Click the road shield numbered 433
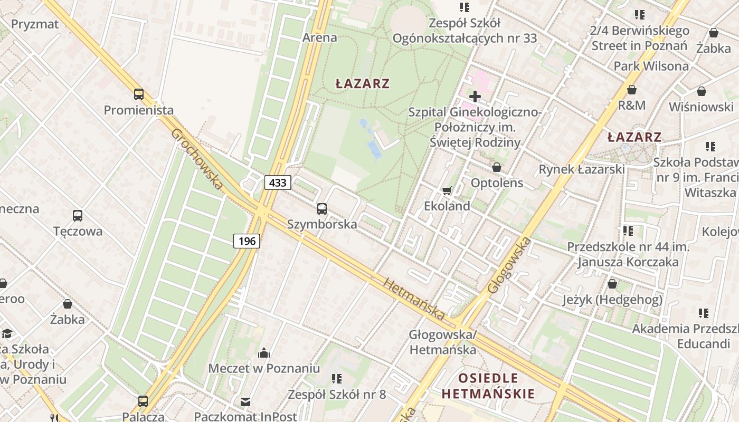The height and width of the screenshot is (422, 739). click(277, 183)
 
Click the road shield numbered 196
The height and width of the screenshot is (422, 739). click(247, 241)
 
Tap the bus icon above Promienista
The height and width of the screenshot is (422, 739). click(138, 94)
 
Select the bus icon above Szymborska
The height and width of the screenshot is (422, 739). click(322, 208)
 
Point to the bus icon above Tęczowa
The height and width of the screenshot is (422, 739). click(78, 215)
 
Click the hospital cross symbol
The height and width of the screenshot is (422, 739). click(475, 96)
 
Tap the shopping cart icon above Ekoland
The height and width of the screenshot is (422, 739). click(447, 190)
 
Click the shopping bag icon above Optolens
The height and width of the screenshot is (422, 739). click(497, 167)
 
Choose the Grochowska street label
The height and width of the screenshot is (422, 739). click(197, 159)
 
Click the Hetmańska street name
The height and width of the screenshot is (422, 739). click(414, 299)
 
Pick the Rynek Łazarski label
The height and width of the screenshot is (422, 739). click(581, 169)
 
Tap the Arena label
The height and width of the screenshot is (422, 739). click(319, 37)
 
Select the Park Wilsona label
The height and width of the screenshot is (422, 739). click(651, 66)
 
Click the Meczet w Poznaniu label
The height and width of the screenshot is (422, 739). click(264, 368)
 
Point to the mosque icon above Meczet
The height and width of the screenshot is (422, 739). click(264, 353)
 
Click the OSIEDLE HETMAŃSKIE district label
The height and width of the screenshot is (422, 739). click(488, 386)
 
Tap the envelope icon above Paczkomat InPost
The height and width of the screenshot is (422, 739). click(245, 402)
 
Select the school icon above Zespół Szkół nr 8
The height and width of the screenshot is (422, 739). click(337, 379)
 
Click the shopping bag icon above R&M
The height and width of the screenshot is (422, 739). click(631, 90)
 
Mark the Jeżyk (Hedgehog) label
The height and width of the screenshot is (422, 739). click(612, 300)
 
